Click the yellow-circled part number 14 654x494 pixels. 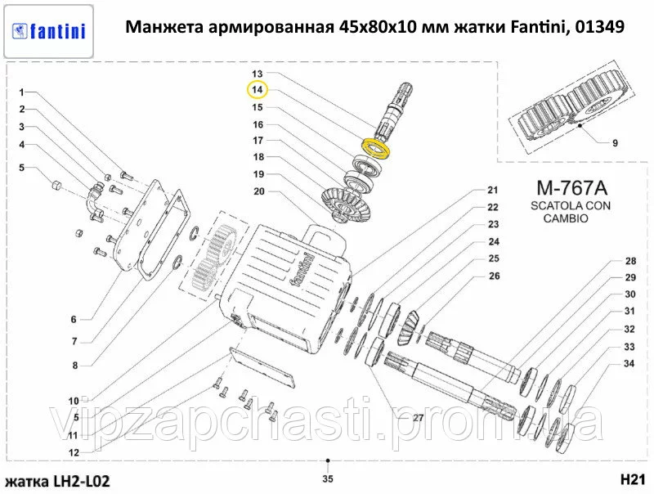pyautogui.click(x=257, y=89)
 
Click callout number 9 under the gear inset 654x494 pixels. pyautogui.click(x=615, y=143)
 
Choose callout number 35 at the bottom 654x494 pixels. pyautogui.click(x=327, y=478)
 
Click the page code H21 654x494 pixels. pyautogui.click(x=634, y=478)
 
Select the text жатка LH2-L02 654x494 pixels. pyautogui.click(x=58, y=479)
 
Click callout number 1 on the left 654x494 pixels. pyautogui.click(x=23, y=92)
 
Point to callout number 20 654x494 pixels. pyautogui.click(x=258, y=192)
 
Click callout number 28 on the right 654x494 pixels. pyautogui.click(x=629, y=262)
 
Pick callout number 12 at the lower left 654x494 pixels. pyautogui.click(x=74, y=452)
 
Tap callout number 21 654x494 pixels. pyautogui.click(x=492, y=190)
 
